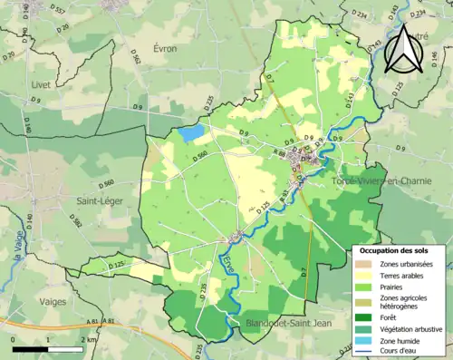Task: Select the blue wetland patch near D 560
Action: pos(191,133)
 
